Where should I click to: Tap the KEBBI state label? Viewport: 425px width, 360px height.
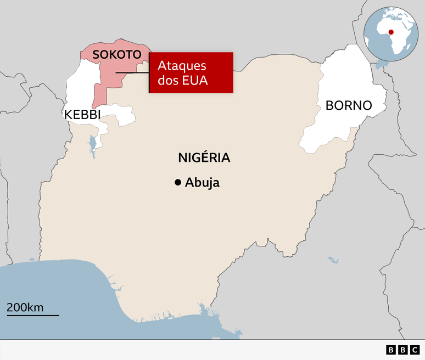(x=82, y=114)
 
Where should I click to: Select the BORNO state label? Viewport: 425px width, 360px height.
(x=349, y=105)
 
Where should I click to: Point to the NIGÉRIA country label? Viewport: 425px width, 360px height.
(x=204, y=158)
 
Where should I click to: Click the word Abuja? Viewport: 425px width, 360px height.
(x=202, y=183)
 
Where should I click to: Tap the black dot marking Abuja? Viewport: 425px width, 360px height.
(x=177, y=183)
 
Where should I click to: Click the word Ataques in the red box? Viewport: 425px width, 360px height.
(x=182, y=66)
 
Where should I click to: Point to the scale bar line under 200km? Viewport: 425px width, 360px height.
(x=32, y=315)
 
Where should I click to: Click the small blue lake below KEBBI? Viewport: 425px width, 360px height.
(x=92, y=145)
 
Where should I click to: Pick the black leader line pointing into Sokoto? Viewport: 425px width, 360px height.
(x=132, y=72)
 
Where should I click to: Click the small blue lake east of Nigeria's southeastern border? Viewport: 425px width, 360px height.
(x=332, y=258)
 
